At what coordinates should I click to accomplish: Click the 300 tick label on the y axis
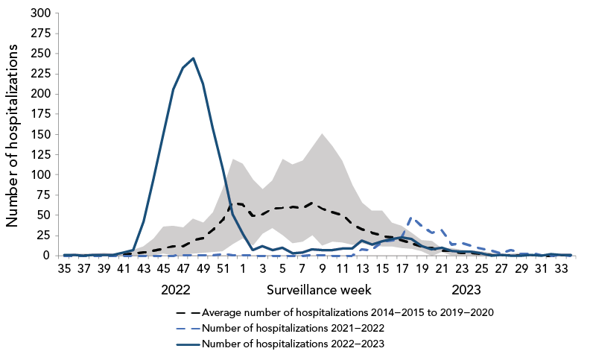(x=42, y=13)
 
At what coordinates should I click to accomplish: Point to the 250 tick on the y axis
(x=42, y=54)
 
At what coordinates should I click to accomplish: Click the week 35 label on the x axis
(x=65, y=269)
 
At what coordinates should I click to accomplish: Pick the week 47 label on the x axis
(x=183, y=269)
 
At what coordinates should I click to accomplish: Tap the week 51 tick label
(x=223, y=269)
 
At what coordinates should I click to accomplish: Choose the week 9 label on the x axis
(x=322, y=269)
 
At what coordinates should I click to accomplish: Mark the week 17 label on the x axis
(x=401, y=269)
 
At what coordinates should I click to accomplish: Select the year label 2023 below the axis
(x=466, y=288)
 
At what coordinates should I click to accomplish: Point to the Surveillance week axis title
(x=320, y=288)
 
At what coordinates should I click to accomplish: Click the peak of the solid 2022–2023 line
(x=193, y=58)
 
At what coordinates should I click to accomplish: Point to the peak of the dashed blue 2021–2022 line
(x=411, y=218)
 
